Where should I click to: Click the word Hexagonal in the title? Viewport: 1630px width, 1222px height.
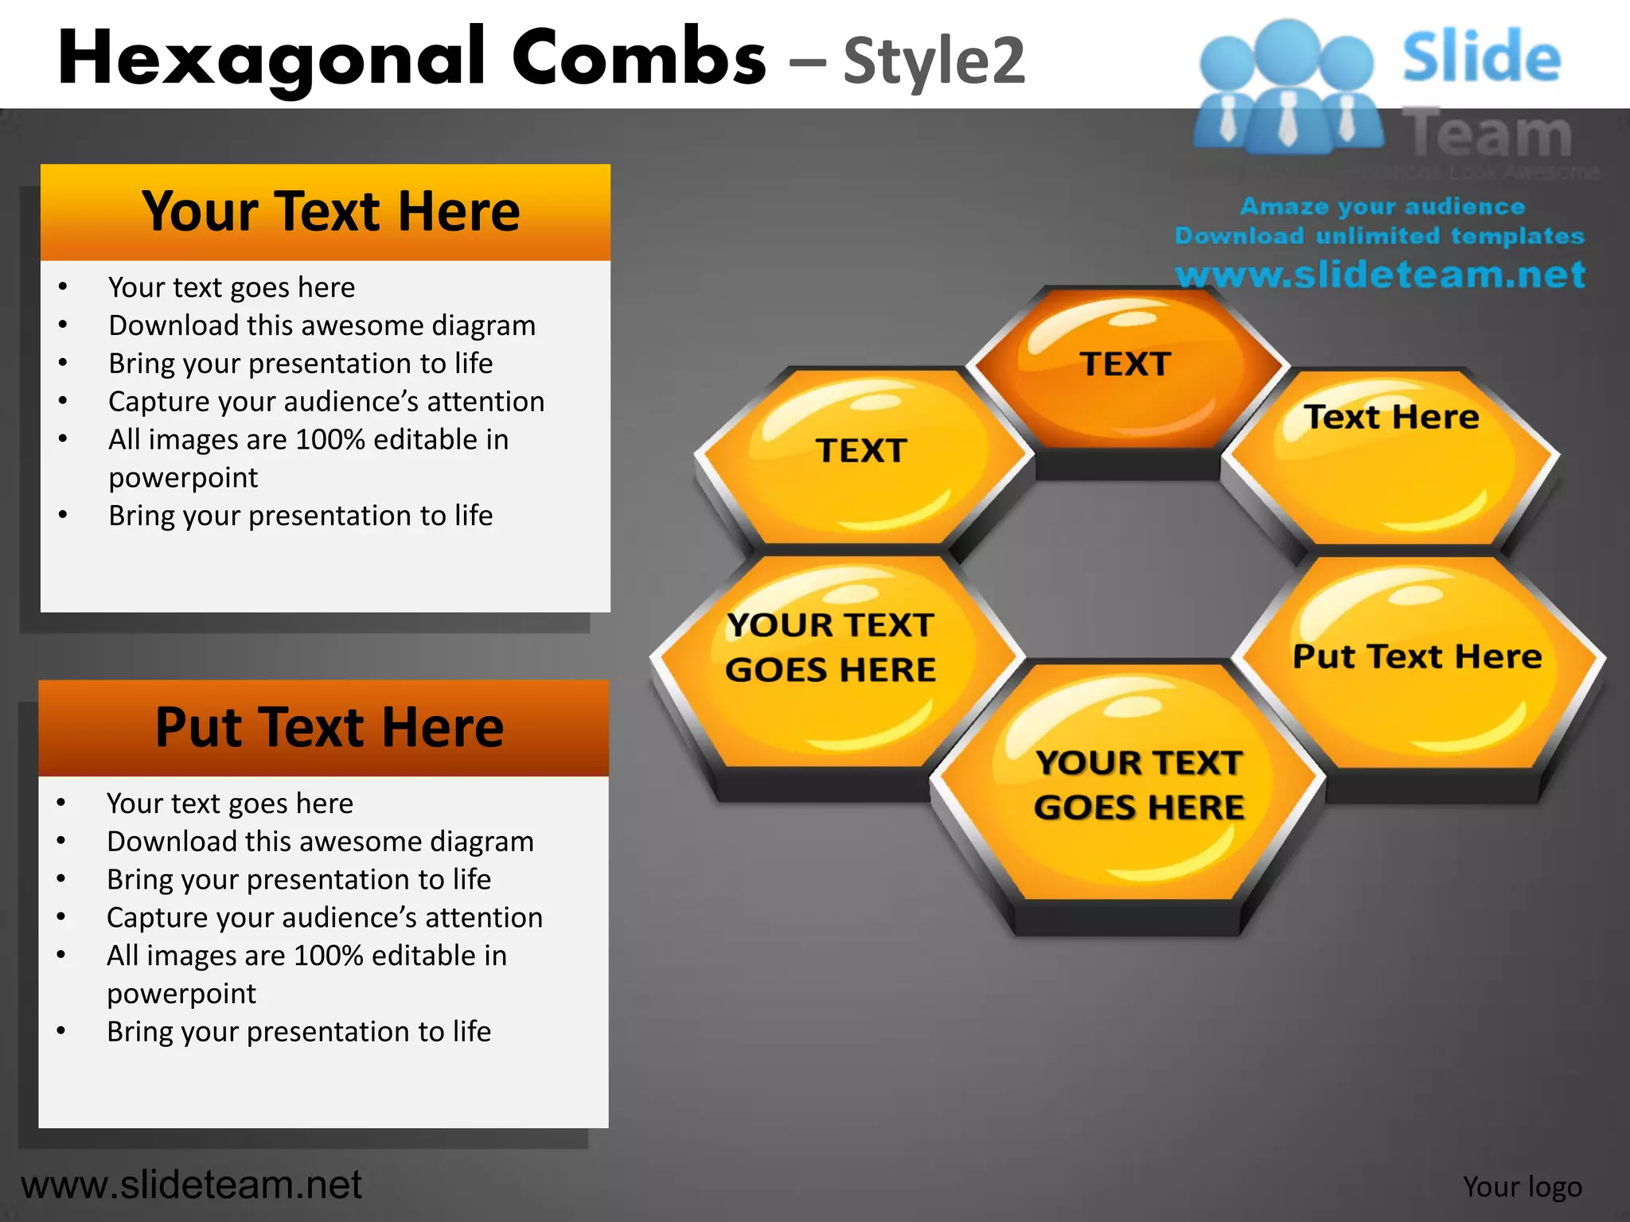tap(271, 57)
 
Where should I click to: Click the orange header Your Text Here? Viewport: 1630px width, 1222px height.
tap(330, 212)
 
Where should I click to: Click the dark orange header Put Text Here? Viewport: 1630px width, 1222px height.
tap(328, 727)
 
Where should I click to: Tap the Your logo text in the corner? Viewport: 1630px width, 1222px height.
tap(1522, 1186)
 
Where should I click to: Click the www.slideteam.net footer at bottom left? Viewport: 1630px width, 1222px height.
tap(191, 1185)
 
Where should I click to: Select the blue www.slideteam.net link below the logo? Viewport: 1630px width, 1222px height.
tap(1380, 274)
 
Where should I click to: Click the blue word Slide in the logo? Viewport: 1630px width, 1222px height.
tap(1481, 56)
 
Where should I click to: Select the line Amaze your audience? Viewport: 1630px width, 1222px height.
tap(1382, 206)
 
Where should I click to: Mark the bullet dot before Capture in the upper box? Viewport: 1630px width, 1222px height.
tap(63, 401)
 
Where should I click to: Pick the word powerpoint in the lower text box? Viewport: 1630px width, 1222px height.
tap(181, 994)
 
